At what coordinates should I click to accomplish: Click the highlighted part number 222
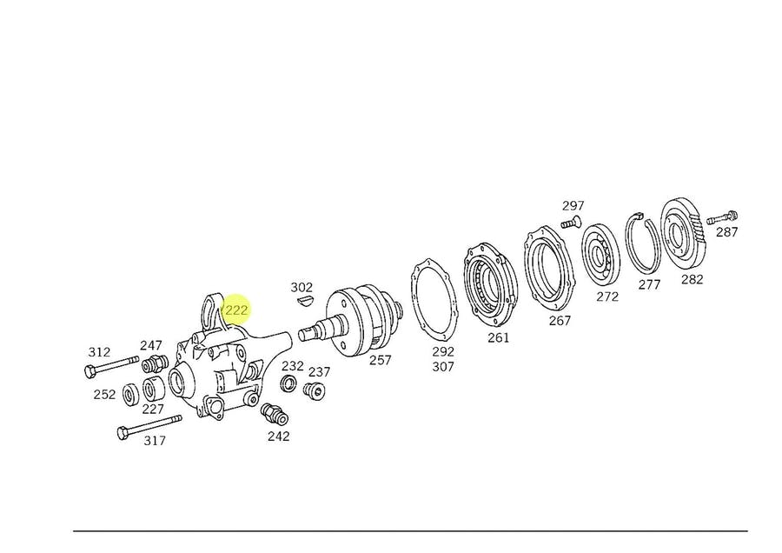point(235,310)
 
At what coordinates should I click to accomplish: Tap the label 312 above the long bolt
point(99,352)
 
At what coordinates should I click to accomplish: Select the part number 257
point(380,360)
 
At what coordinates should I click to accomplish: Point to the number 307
point(443,367)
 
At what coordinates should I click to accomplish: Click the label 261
point(498,338)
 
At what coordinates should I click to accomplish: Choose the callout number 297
point(573,205)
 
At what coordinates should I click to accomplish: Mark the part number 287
point(726,232)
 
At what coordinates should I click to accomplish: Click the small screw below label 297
point(572,222)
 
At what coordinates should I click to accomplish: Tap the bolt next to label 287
point(722,217)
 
